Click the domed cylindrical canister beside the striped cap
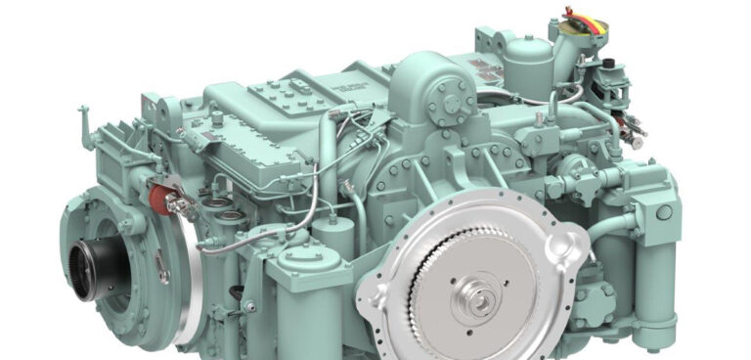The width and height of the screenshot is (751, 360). click(x=522, y=59)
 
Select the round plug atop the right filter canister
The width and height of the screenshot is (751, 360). click(x=664, y=211)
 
